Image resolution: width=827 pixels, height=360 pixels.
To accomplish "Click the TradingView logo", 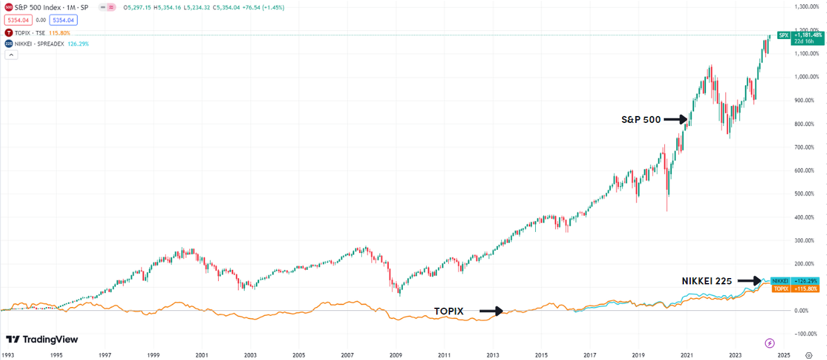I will (42, 340).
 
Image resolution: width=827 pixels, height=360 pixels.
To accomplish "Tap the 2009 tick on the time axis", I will (396, 355).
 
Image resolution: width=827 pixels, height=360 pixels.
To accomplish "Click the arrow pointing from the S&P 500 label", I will (675, 119).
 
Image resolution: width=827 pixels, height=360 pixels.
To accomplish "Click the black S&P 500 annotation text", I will (641, 119).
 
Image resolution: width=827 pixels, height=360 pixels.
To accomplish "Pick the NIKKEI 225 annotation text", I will (707, 281).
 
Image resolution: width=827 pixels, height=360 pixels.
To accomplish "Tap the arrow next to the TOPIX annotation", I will (491, 311).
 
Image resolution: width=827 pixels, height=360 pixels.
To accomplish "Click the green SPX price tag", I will (799, 35).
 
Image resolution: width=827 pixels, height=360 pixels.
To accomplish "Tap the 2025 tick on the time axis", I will (783, 355).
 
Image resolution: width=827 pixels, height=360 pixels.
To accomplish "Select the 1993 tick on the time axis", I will (8, 355).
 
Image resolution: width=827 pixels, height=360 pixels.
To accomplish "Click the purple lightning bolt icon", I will (770, 343).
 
